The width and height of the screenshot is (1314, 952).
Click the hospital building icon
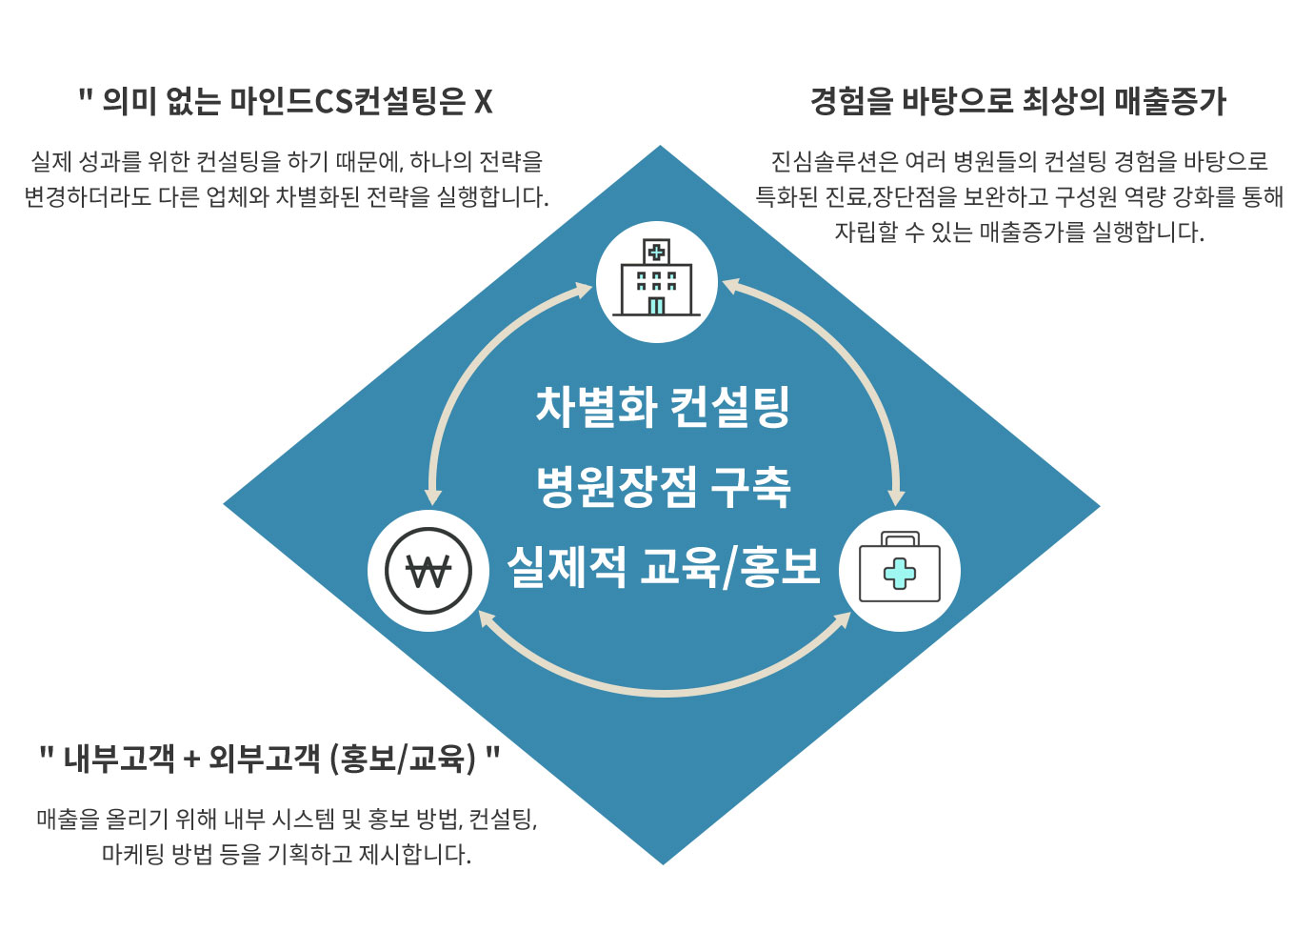coord(656,277)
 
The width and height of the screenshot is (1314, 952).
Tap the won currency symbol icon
coord(428,571)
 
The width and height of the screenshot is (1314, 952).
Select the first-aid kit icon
coord(900,567)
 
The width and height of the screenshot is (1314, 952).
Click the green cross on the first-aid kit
coord(900,574)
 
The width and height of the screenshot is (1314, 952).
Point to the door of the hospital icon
coord(656,306)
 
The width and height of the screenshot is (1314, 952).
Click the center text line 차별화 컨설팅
coord(663,406)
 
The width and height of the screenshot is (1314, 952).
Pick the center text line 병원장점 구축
coord(664,487)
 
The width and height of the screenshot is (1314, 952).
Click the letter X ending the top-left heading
coord(483,102)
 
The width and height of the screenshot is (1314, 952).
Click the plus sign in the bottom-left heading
coord(191,760)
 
